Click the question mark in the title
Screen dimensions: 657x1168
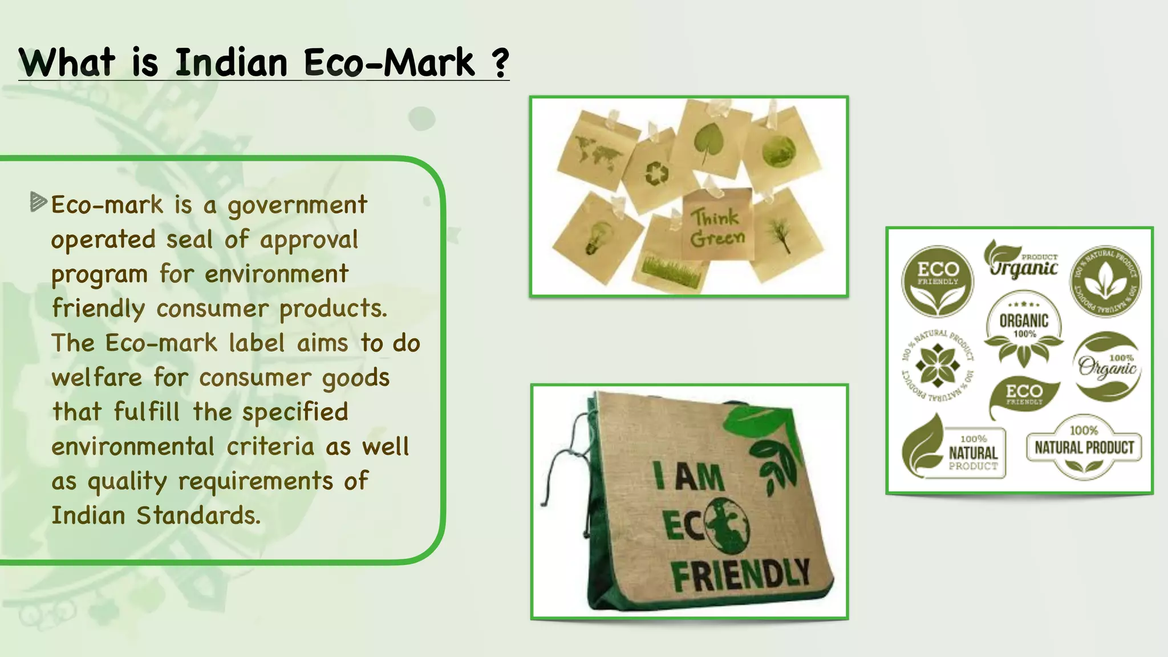[500, 62]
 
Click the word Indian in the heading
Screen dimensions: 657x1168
[230, 62]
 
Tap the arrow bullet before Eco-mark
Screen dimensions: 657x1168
[38, 202]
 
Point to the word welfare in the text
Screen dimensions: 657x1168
[96, 378]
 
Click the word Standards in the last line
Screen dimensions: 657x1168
[198, 516]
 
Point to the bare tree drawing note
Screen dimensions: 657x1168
[780, 234]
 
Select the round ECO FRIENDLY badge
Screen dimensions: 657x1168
[937, 282]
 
